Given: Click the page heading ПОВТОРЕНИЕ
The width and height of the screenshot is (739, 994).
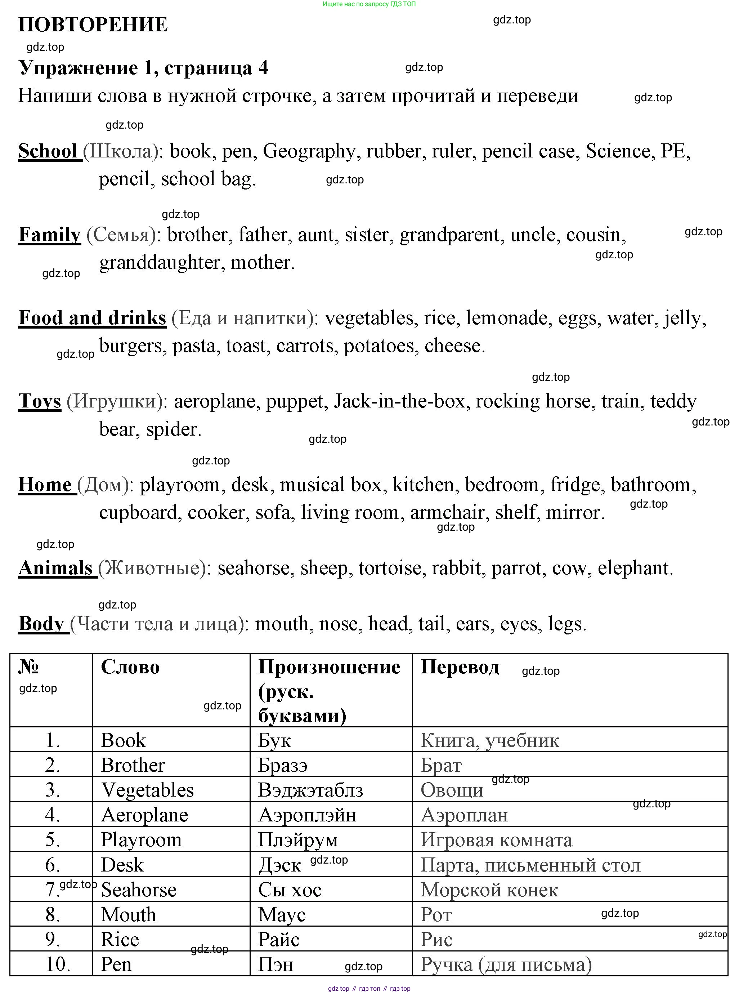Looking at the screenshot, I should click(x=93, y=24).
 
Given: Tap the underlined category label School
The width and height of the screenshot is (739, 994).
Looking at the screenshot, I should click(x=48, y=151).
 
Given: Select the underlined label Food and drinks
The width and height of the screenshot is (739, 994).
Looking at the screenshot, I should click(x=92, y=318).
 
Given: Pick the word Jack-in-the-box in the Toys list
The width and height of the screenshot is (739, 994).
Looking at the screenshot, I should click(x=399, y=401).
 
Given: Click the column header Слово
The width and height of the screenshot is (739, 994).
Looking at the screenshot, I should click(x=130, y=667).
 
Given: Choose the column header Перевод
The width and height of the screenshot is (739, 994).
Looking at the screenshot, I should click(x=460, y=667).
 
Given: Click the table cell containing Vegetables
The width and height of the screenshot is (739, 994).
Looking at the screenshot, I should click(x=147, y=790).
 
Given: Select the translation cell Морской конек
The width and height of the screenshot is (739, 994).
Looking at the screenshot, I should click(x=489, y=890).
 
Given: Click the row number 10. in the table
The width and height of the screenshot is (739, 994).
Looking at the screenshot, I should click(x=58, y=964).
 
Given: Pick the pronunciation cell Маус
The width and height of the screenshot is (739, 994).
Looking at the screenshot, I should click(x=282, y=915).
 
